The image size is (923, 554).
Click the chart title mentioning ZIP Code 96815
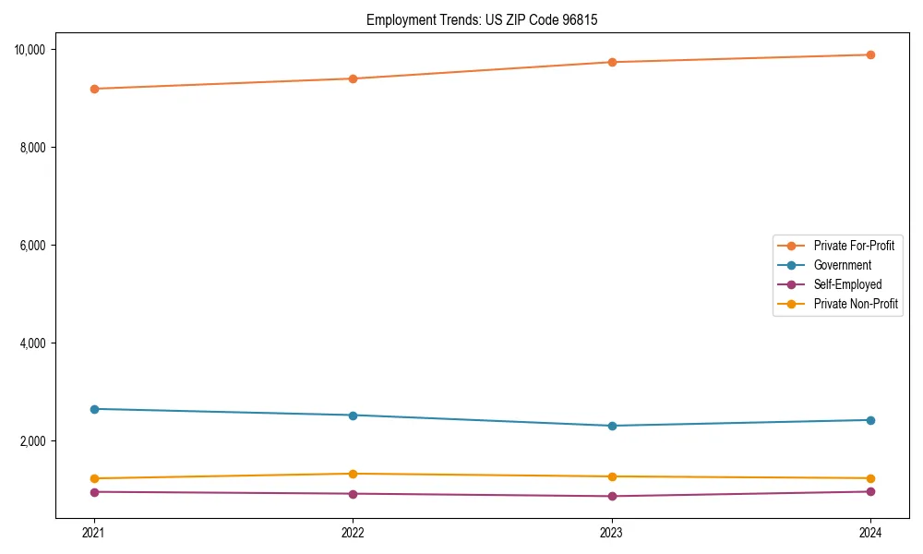[482, 19]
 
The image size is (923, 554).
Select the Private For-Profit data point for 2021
[94, 89]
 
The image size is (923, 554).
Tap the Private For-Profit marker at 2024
[870, 54]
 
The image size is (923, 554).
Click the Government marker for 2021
[94, 409]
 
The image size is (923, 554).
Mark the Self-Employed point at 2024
[870, 491]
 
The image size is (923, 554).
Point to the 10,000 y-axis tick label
[35, 49]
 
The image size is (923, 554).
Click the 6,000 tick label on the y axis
[38, 246]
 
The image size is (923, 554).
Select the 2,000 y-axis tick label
[38, 441]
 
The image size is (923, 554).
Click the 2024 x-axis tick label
[870, 532]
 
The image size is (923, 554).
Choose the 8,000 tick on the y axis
[38, 148]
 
